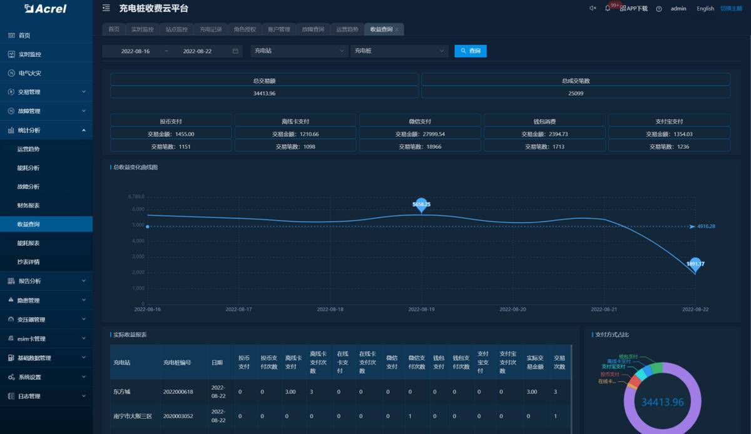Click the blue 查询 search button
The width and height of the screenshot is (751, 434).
pyautogui.click(x=471, y=51)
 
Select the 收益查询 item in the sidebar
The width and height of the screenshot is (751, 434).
pyautogui.click(x=29, y=224)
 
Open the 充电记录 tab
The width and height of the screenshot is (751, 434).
pyautogui.click(x=211, y=29)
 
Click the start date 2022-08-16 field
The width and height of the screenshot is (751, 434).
pyautogui.click(x=135, y=51)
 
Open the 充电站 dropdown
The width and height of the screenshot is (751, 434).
pyautogui.click(x=299, y=51)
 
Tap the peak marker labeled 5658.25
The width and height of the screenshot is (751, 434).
pyautogui.click(x=421, y=204)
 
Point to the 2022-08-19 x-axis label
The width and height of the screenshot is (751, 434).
pyautogui.click(x=421, y=309)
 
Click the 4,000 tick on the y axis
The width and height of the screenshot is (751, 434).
pyautogui.click(x=138, y=241)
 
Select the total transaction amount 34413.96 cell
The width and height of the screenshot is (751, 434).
pyautogui.click(x=264, y=93)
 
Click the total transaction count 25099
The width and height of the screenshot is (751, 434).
pyautogui.click(x=576, y=93)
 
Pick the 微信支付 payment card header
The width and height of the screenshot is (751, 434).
pyautogui.click(x=420, y=121)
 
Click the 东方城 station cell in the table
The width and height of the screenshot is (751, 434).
pyautogui.click(x=122, y=392)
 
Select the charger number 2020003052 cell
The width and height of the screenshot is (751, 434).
pyautogui.click(x=178, y=416)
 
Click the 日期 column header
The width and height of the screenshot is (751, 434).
pyautogui.click(x=217, y=362)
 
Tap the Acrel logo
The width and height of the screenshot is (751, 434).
pyautogui.click(x=45, y=9)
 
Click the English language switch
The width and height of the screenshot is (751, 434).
pyautogui.click(x=705, y=9)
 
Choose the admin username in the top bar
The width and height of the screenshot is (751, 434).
pyautogui.click(x=678, y=9)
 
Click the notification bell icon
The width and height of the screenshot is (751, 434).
pyautogui.click(x=608, y=8)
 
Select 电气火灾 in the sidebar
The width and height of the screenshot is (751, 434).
pyautogui.click(x=29, y=73)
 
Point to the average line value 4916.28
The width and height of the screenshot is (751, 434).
pyautogui.click(x=706, y=226)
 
